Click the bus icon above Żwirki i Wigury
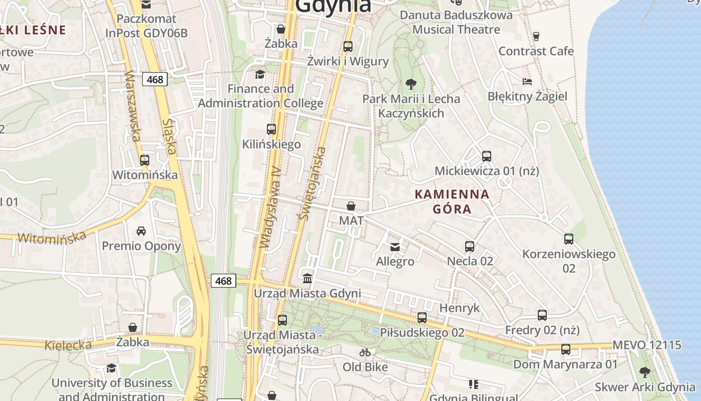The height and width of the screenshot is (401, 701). point(348,47)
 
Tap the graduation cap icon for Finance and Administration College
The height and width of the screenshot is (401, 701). point(260,75)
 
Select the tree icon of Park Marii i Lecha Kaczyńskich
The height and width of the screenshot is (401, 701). point(411,84)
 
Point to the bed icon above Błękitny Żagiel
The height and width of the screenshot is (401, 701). point(527,81)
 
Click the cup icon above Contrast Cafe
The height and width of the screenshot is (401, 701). point(536,36)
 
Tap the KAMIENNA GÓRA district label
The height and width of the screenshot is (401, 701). point(452,202)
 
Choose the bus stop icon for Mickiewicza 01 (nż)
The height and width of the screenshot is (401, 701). point(486,156)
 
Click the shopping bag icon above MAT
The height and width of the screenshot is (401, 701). point(351,206)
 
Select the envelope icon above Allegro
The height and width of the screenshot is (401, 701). point(395,247)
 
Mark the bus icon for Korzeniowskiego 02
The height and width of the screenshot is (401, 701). point(568,239)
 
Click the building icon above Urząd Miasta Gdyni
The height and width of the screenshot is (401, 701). point(307,278)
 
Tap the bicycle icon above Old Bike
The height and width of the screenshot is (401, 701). point(365,352)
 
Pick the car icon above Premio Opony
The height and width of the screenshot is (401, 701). point(141,231)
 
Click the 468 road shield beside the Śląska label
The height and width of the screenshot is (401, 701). point(155,79)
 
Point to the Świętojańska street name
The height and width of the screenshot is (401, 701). point(311,183)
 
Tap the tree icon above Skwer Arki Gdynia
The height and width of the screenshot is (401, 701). point(644,372)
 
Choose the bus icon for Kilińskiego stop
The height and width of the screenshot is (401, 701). point(271,129)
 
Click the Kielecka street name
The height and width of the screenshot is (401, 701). point(68,345)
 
